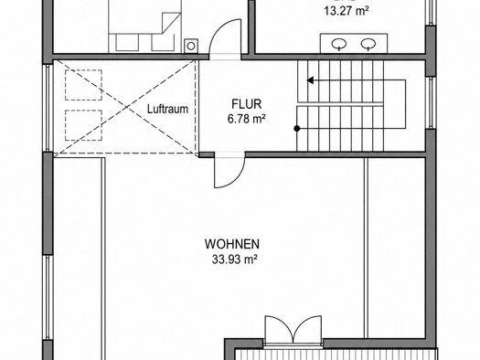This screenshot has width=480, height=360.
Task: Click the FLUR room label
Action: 247,104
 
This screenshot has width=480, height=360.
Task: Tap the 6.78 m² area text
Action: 247,119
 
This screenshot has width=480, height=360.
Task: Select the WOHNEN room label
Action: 232,244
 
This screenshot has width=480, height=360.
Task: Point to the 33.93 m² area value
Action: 234,259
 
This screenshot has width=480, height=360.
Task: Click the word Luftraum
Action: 167,110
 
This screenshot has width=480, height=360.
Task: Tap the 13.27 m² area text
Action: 347,11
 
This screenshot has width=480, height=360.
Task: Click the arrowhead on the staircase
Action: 311,80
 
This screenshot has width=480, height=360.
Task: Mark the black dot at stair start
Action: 296,129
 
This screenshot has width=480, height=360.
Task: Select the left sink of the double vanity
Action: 339,44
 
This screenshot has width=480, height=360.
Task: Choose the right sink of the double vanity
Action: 368,44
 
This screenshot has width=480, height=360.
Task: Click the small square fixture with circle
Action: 191,46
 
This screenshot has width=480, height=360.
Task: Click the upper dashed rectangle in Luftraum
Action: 83,85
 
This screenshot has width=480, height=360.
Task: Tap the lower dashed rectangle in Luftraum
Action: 83,125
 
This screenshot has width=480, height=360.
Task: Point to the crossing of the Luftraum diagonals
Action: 126,108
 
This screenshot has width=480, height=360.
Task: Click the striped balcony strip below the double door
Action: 336,355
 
